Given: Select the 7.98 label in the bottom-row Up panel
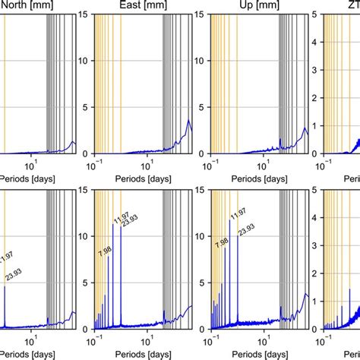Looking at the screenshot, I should click(x=222, y=244).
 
